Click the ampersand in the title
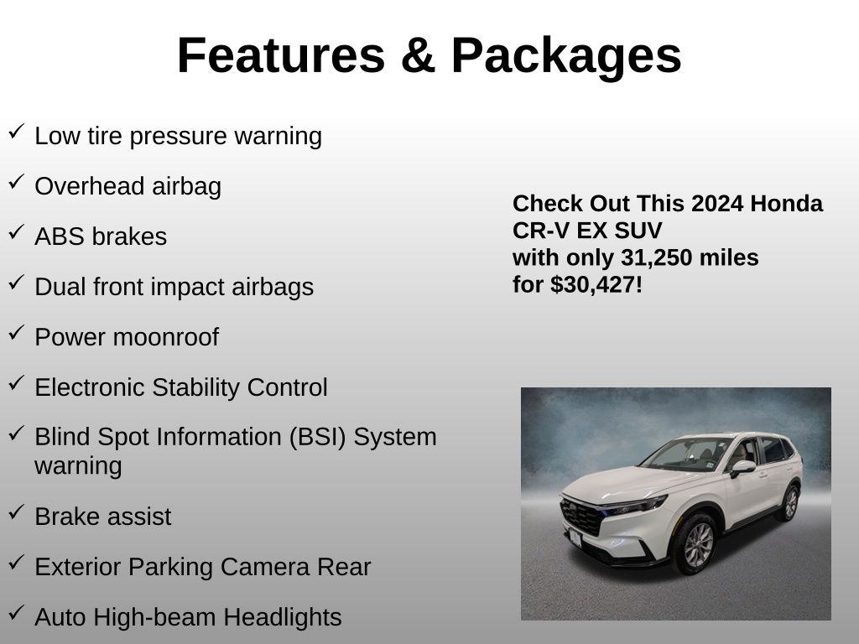coord(418,55)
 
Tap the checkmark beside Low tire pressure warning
coord(17,132)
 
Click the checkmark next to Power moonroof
coord(17,332)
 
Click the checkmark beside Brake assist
coord(17,512)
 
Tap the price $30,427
coord(593,285)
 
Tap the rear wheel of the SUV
coord(789,503)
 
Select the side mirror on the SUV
coord(742,468)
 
